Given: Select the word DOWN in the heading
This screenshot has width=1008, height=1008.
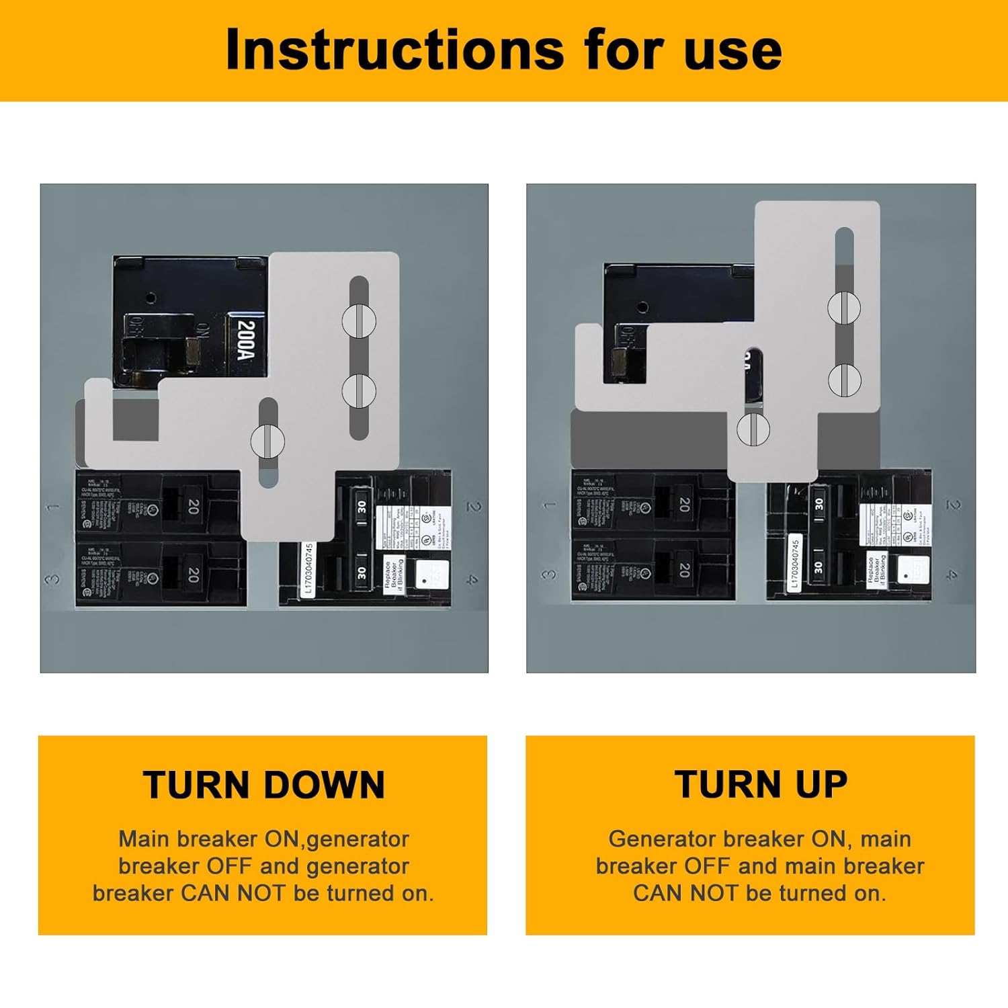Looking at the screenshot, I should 325,784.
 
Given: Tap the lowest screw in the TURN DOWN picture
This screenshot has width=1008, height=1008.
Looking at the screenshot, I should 267,440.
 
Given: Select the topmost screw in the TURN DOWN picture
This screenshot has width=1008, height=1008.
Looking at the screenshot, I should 359,321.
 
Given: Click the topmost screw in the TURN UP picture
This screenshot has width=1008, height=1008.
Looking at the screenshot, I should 844,308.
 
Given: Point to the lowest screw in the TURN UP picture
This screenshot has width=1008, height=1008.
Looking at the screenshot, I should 753,428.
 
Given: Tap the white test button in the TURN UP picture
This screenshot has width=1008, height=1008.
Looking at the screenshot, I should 913,570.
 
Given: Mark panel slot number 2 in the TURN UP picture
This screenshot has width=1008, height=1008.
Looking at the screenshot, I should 953,505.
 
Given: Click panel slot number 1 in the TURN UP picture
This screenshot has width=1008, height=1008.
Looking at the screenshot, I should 550,505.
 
